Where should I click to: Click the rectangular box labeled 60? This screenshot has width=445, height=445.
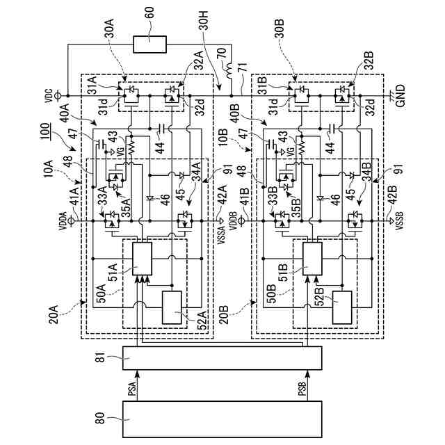point(150,44)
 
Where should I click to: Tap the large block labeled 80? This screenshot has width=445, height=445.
point(222,419)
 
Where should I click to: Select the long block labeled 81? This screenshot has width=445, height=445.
point(222,358)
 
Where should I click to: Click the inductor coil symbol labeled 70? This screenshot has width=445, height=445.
point(230,70)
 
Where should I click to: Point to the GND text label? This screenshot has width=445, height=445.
point(400,96)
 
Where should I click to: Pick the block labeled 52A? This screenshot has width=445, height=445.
point(172,307)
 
